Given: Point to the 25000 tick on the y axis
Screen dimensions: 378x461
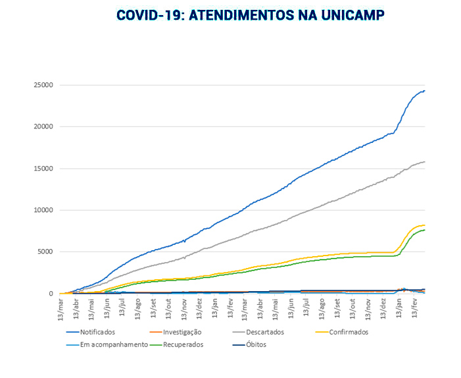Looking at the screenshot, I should (45, 85).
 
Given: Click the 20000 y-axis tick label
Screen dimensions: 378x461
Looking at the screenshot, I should (45, 126).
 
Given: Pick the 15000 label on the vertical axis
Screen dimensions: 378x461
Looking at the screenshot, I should (45, 169).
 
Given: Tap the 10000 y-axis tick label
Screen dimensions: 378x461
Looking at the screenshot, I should (45, 210).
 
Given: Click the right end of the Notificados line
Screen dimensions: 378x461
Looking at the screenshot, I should (425, 90).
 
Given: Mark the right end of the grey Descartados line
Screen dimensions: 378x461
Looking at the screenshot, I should (425, 161).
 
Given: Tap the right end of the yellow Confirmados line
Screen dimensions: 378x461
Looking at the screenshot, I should (425, 225).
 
